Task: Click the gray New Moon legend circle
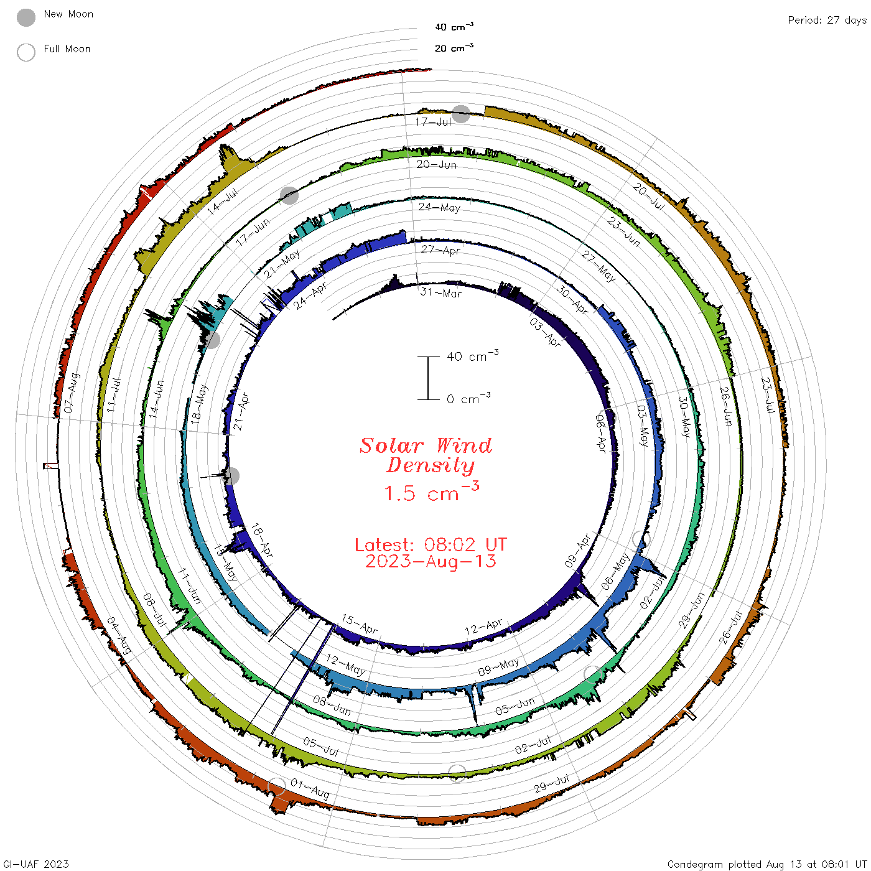click(26, 17)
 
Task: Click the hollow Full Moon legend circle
click(26, 52)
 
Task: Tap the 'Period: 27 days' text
click(827, 21)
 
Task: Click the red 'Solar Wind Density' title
click(426, 455)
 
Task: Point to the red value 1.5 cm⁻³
click(431, 491)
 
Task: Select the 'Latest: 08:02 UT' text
click(431, 544)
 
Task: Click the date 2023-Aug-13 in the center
click(431, 561)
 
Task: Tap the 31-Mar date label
click(440, 292)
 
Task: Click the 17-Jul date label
click(433, 121)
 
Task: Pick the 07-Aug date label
click(72, 393)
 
